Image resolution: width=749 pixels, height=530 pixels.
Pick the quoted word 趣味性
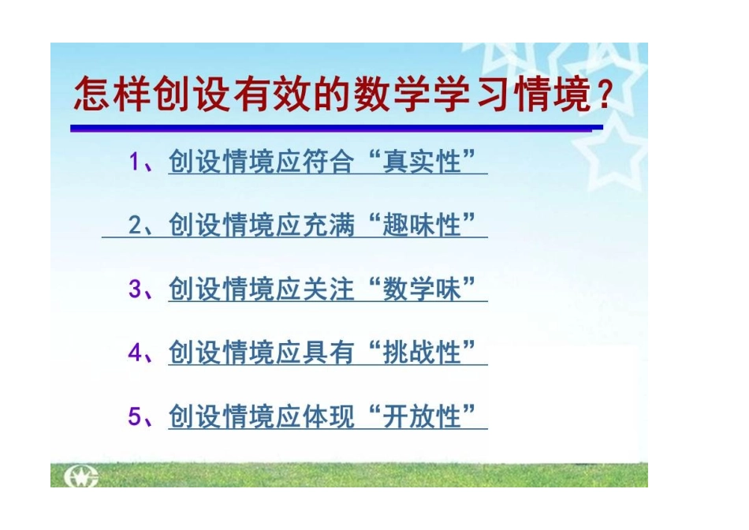tap(421, 226)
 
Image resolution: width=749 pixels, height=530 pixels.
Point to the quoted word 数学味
tap(421, 289)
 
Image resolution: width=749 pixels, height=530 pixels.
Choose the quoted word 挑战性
tap(421, 353)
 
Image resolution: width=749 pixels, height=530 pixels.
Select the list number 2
tap(136, 226)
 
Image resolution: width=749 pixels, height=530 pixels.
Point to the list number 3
tap(136, 289)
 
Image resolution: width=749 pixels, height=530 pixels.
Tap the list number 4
tap(136, 353)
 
